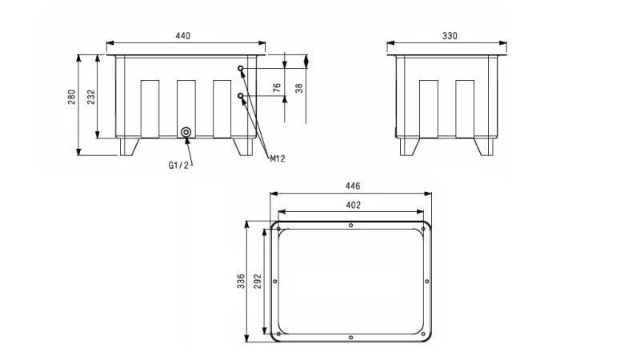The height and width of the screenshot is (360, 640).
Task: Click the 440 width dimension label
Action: [x=183, y=36]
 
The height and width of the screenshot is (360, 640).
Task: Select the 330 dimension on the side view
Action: [x=449, y=36]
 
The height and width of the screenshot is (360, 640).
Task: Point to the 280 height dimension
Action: [x=71, y=97]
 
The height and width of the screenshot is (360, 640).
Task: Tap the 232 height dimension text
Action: [x=90, y=97]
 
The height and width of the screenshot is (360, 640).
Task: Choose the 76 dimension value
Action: [x=278, y=89]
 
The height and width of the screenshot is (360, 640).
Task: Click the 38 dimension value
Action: [x=299, y=89]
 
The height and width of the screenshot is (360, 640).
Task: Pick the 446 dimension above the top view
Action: [x=352, y=186]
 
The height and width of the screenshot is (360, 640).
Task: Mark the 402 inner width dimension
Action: [x=353, y=205]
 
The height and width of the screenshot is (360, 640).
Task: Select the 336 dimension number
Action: [x=241, y=282]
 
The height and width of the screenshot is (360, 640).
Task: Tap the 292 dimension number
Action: [x=258, y=282]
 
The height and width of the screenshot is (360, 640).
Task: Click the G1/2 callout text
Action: [x=178, y=165]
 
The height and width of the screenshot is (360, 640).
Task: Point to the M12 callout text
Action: [x=277, y=158]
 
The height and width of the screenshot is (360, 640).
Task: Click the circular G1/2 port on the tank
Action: [x=186, y=132]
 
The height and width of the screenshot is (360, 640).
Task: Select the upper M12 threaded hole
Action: [x=241, y=69]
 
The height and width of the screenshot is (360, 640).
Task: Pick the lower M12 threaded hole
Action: [x=241, y=96]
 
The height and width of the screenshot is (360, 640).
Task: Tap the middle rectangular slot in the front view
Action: [x=186, y=108]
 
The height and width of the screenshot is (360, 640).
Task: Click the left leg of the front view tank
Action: [x=129, y=146]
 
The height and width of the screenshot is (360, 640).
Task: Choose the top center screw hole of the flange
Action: [x=352, y=225]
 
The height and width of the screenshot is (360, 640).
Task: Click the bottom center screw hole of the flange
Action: [x=352, y=338]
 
